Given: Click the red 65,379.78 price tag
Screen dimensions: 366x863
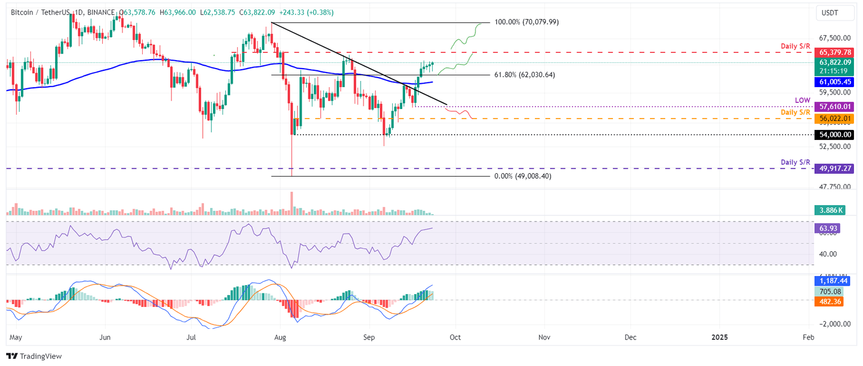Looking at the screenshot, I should tap(833, 52).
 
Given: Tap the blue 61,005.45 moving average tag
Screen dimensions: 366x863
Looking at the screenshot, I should tap(833, 82).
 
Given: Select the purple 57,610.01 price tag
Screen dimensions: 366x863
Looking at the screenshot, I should tap(833, 106).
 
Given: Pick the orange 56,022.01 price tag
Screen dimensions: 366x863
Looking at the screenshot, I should tap(833, 119).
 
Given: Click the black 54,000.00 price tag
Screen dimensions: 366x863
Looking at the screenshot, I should tap(833, 135).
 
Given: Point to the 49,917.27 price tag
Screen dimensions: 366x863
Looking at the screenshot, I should tap(833, 168).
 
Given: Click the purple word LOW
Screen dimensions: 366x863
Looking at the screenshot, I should tap(802, 100).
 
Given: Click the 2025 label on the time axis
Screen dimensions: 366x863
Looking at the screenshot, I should tap(719, 337).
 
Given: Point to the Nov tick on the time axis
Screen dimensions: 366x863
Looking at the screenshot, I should tap(543, 337).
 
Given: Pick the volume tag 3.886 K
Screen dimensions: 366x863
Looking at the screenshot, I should tap(829, 210).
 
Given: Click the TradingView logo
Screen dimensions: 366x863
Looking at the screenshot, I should tap(34, 356).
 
